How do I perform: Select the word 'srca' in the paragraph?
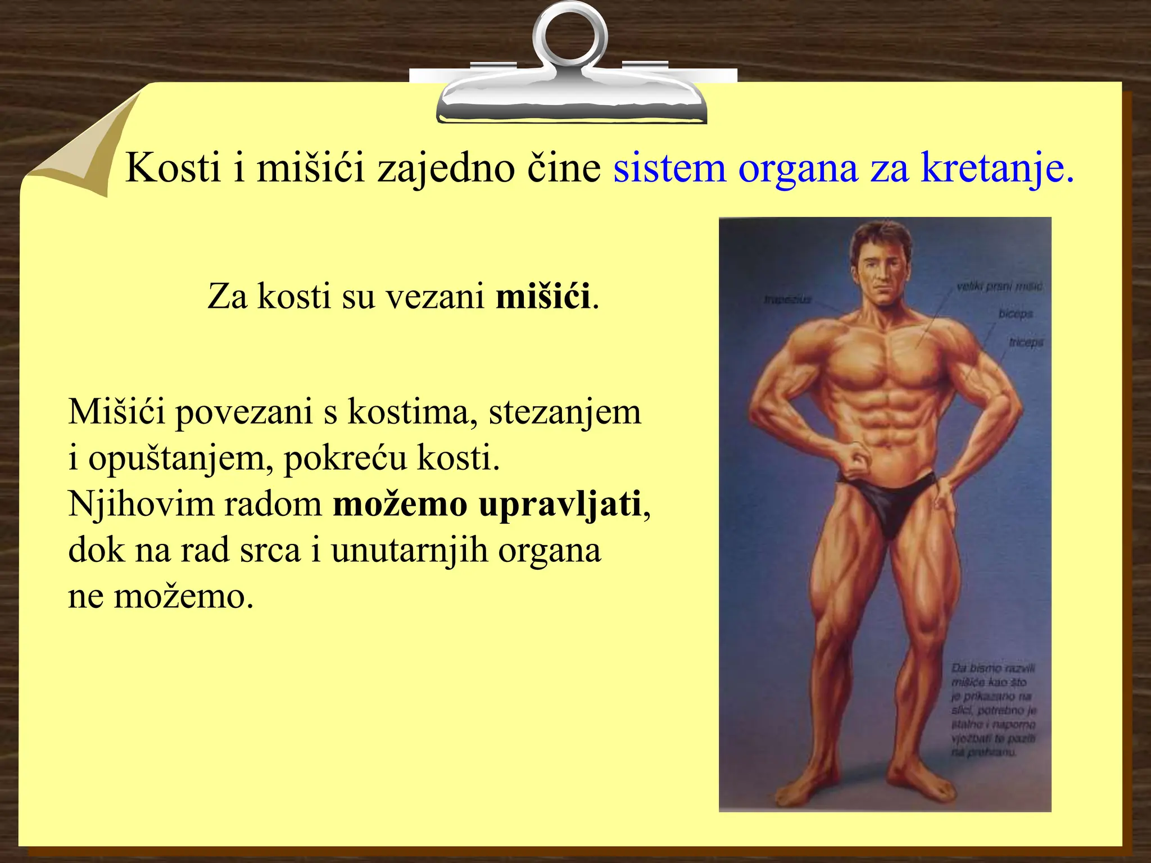(270, 551)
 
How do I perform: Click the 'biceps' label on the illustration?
(1016, 314)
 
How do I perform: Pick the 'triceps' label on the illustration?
(1026, 342)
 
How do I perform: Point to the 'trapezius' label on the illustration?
(788, 299)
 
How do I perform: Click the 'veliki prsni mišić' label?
(999, 287)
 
